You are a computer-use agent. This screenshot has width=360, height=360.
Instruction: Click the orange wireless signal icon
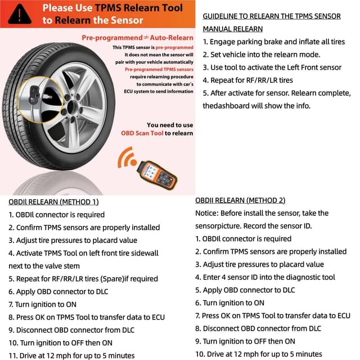coord(126,157)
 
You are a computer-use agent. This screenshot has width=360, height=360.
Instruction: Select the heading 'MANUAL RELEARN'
coord(232,29)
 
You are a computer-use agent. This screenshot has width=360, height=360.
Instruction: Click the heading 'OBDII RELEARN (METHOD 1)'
coord(53,201)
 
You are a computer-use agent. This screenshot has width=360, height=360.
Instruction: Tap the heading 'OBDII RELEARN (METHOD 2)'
coord(240,200)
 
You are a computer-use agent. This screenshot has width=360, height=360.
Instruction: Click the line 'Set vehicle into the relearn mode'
coord(262,55)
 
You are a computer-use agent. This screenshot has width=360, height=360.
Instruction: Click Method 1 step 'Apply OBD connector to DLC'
coord(58,291)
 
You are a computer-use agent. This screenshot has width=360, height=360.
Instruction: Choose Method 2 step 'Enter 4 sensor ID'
coord(265,277)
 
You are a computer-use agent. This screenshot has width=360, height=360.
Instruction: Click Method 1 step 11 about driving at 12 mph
coord(71,355)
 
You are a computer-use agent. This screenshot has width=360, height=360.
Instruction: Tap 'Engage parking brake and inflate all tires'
coord(274,42)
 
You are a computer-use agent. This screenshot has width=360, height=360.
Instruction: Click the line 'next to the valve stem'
coord(44,265)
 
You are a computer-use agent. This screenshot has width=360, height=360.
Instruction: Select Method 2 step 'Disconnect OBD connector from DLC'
coord(258,328)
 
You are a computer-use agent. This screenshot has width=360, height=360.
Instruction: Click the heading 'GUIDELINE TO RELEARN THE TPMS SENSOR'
coord(271,16)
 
